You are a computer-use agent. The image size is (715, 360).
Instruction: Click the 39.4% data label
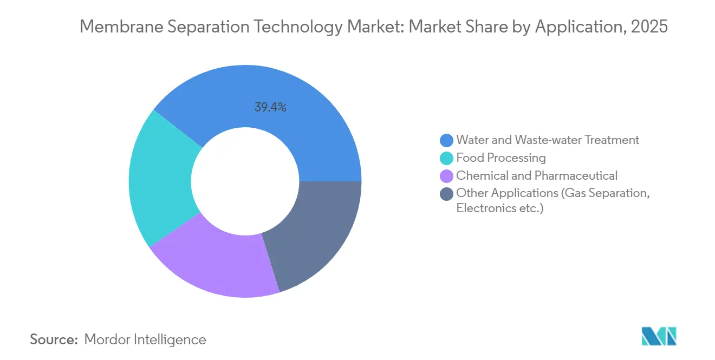coord(270,107)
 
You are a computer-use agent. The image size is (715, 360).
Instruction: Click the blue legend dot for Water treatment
coord(446,140)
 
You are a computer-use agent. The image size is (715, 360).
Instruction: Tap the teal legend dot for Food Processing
coord(446,158)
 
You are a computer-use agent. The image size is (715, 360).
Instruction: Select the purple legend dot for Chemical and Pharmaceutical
coord(446,176)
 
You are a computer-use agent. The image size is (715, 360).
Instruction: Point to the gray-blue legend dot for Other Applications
coord(446,194)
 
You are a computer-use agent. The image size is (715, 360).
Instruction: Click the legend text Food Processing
coord(501,158)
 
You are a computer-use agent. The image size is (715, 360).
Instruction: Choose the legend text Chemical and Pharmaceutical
coord(537,176)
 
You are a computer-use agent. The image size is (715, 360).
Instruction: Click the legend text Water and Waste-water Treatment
coord(548,140)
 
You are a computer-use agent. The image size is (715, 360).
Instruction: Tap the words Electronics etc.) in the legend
coord(499,208)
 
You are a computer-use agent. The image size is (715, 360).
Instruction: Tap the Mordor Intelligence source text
coord(145,340)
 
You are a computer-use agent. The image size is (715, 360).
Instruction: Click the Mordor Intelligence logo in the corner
coord(659,336)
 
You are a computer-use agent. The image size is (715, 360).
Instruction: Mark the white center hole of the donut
coord(245,181)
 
